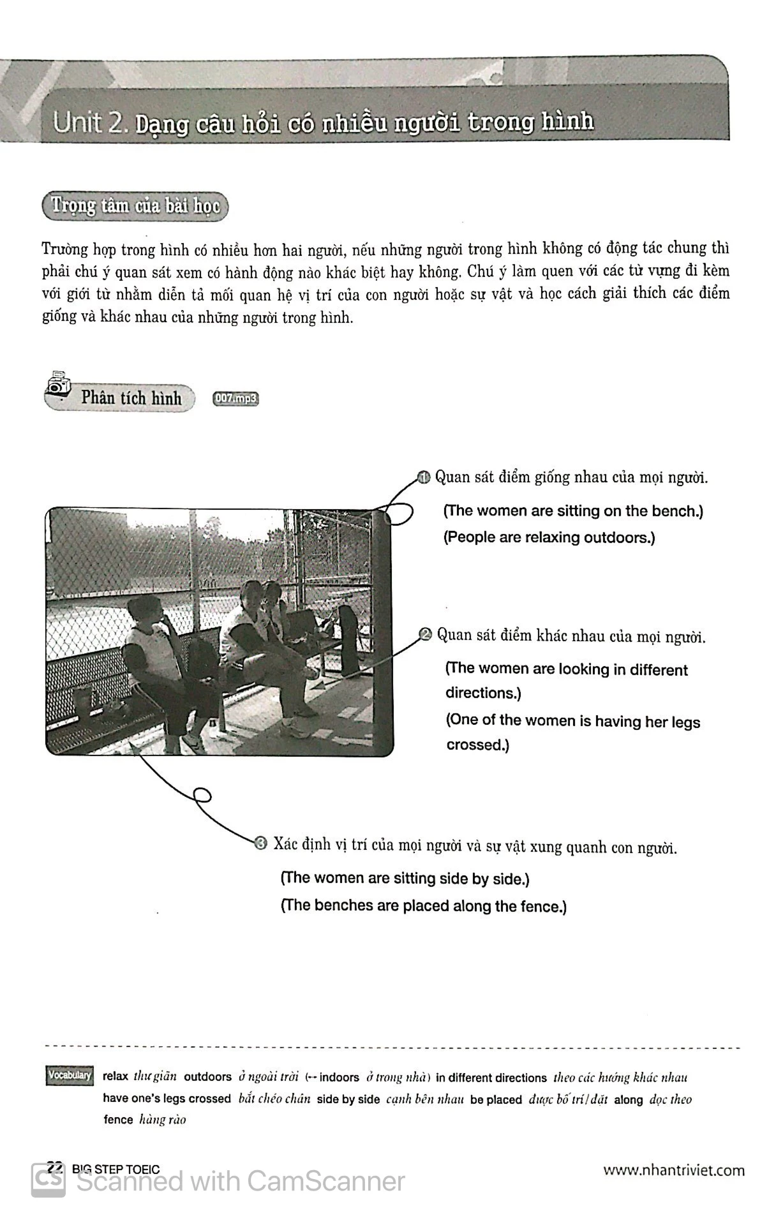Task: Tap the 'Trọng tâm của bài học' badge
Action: (135, 207)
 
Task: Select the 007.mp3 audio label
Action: (236, 399)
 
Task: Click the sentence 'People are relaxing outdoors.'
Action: (549, 537)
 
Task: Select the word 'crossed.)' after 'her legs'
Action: (477, 745)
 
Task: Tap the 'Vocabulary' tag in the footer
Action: (70, 1075)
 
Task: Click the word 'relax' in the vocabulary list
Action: (115, 1076)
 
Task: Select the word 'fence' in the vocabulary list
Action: (118, 1119)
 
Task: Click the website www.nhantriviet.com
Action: (674, 1169)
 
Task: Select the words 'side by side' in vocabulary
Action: (348, 1099)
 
